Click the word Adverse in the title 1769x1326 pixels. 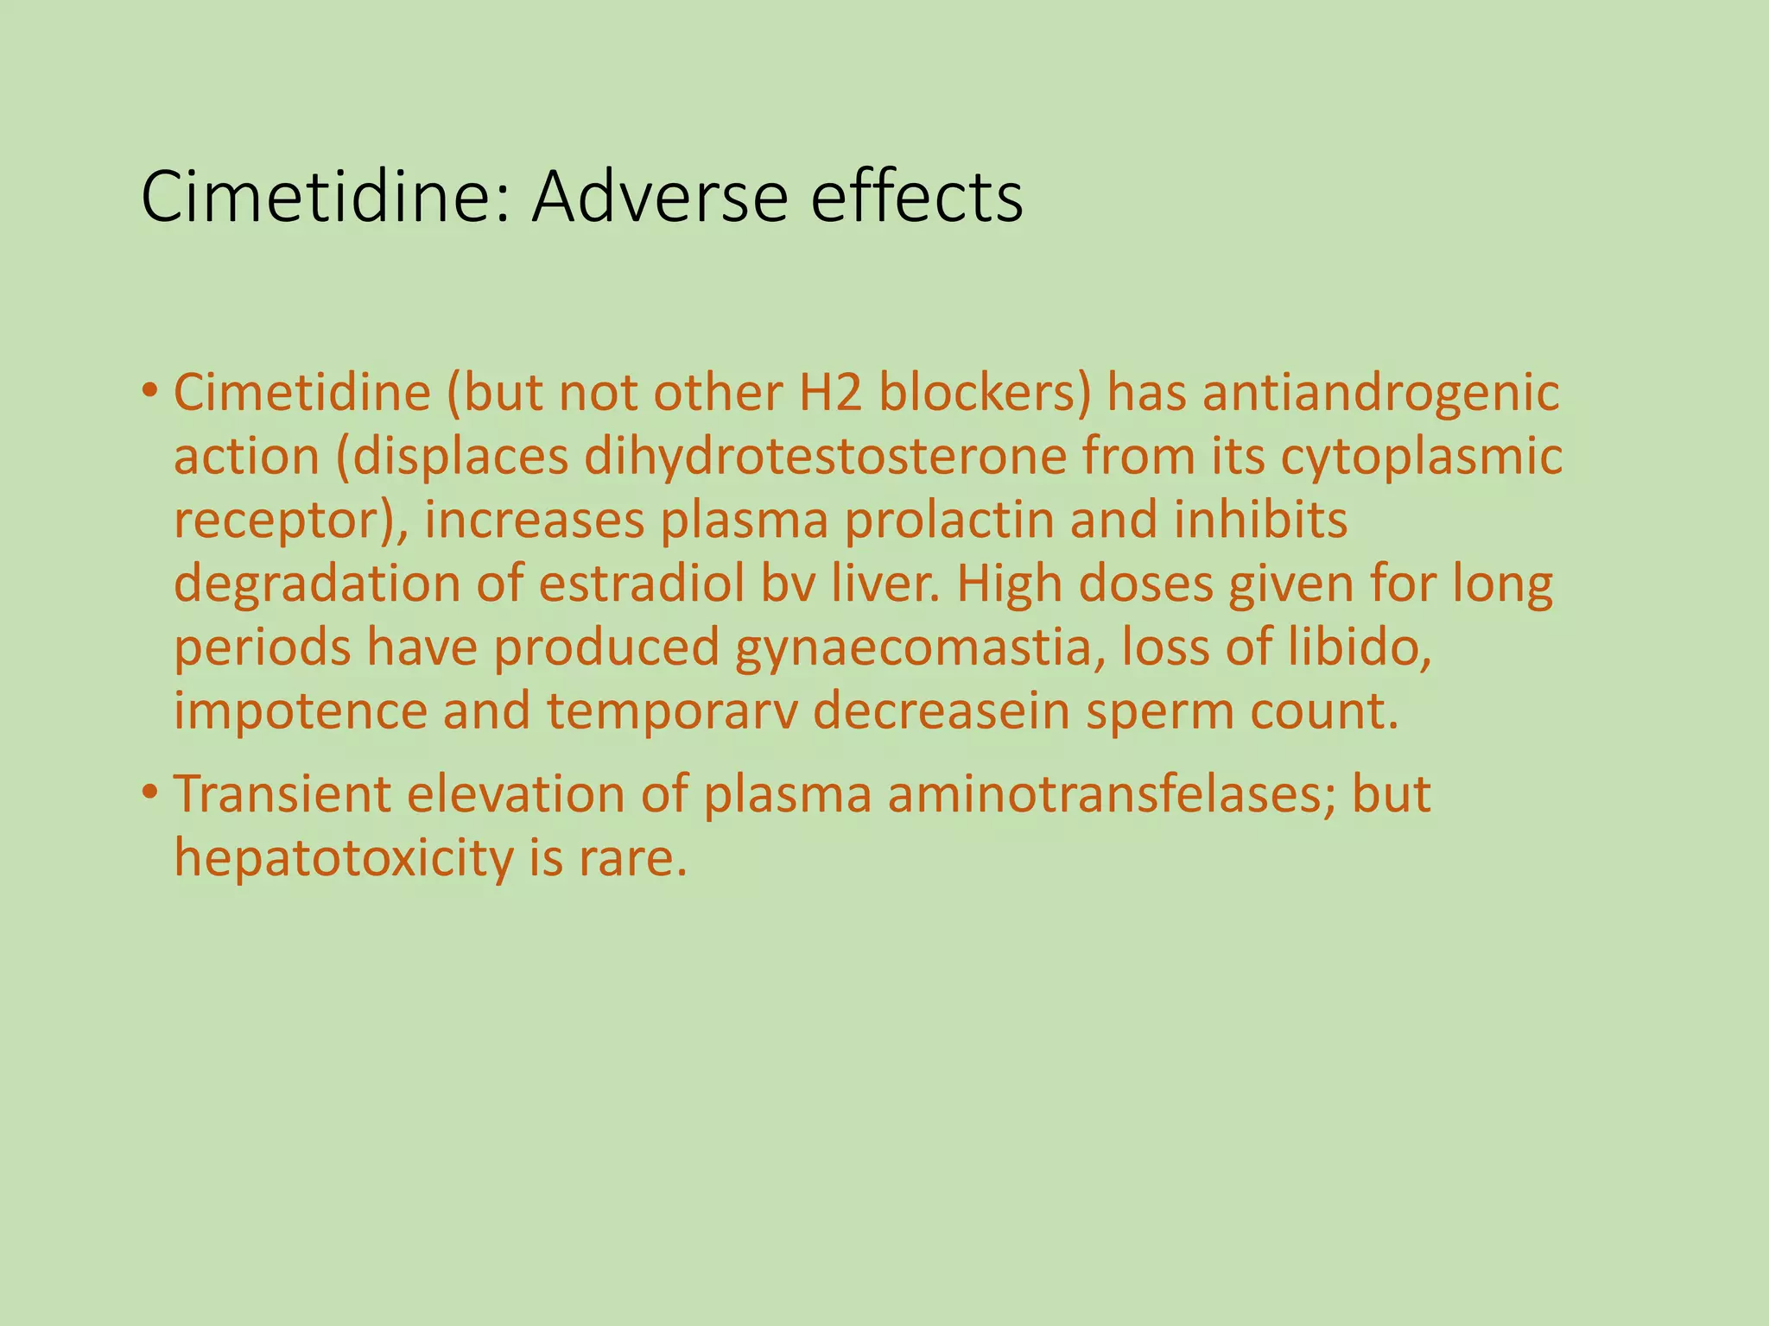(659, 198)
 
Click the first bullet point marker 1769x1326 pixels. (150, 390)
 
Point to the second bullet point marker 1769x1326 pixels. (150, 792)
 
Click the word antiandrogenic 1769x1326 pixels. (1381, 393)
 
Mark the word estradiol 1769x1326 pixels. (641, 584)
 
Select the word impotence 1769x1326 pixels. (301, 712)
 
